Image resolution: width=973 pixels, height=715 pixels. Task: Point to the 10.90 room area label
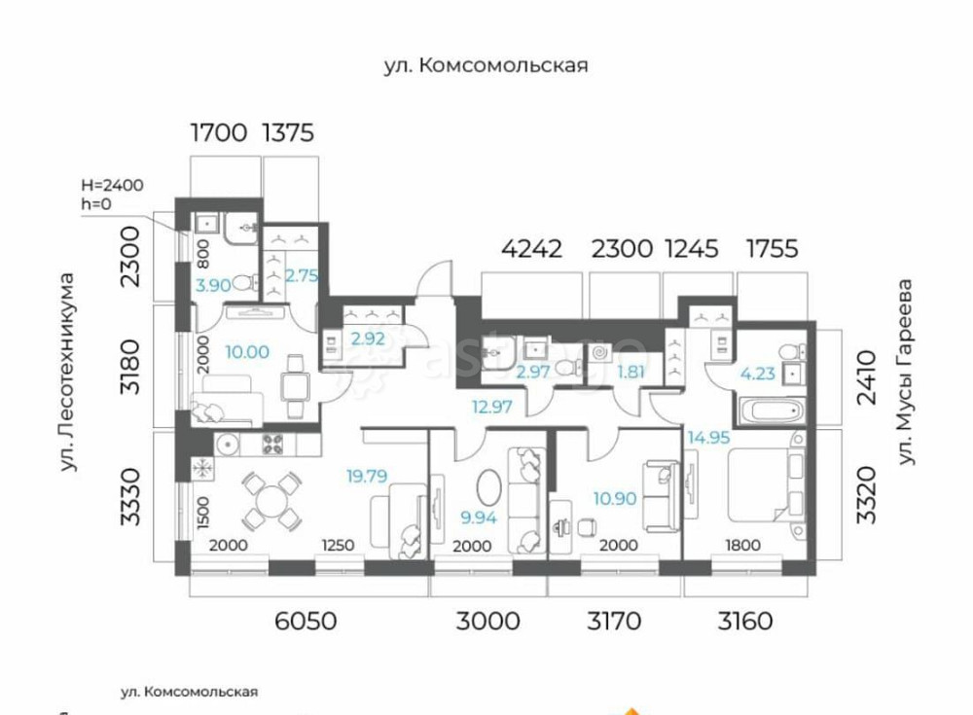tap(615, 496)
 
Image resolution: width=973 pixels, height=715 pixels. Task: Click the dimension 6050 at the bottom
tap(306, 620)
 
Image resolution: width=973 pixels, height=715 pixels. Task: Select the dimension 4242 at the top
tap(531, 249)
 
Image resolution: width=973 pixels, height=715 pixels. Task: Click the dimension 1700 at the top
tap(219, 132)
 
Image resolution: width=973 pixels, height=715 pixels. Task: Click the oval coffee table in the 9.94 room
tap(489, 485)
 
